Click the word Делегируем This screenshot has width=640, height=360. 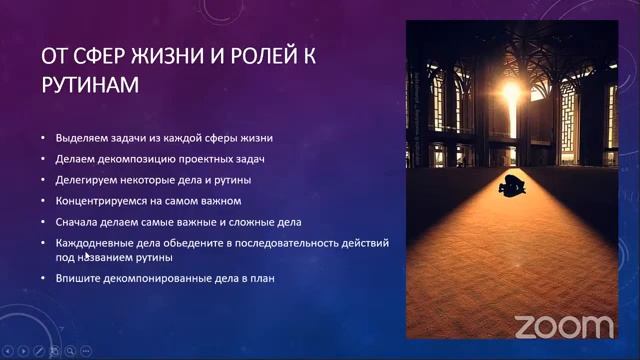pos(88,180)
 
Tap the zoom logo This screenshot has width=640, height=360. pos(565,325)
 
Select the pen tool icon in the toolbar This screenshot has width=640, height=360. pos(38,351)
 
